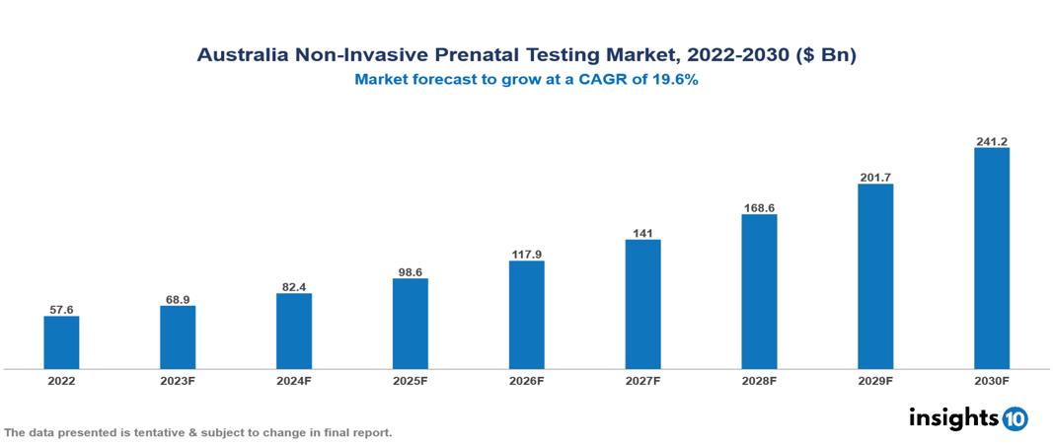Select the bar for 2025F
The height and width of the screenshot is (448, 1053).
[411, 324]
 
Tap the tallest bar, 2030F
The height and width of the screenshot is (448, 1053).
[992, 259]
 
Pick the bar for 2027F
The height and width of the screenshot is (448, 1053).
[642, 304]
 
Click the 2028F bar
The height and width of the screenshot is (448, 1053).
[759, 291]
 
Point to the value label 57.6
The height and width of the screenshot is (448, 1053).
[61, 309]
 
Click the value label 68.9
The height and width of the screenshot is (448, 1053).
[178, 299]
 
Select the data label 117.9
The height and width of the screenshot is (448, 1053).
[526, 255]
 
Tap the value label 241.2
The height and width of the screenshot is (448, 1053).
[992, 141]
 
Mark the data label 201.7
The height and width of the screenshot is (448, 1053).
[875, 178]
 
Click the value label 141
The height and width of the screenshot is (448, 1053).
[642, 233]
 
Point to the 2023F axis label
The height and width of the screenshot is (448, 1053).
[178, 380]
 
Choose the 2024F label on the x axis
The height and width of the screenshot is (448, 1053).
[294, 380]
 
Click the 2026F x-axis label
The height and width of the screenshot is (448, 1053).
[526, 380]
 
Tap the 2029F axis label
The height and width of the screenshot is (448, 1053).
[875, 380]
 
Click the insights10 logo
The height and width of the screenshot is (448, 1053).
[968, 418]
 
